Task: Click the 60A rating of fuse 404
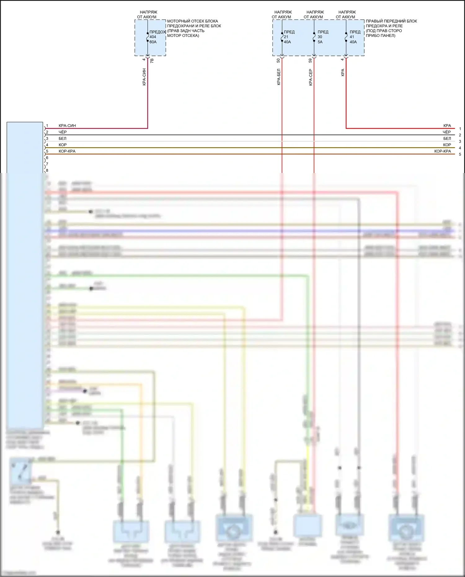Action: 153,42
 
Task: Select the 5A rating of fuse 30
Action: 320,42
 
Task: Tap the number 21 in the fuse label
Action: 286,37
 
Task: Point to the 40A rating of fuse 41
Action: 353,42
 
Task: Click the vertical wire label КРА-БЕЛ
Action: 279,77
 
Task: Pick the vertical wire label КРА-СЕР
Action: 311,77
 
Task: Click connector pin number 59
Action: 310,60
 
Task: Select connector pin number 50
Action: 278,60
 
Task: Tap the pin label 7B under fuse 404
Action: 152,61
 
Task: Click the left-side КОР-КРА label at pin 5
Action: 67,151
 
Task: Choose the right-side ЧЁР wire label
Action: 447,132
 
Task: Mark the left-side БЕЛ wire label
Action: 62,139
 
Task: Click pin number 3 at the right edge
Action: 460,141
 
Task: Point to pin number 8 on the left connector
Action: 47,171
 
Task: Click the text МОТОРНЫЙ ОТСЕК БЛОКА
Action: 193,21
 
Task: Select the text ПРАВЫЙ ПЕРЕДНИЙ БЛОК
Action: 391,21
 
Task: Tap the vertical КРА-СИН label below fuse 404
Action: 144,77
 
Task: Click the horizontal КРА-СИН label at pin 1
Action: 67,126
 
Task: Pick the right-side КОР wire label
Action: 447,145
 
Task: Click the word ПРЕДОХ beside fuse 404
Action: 157,32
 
